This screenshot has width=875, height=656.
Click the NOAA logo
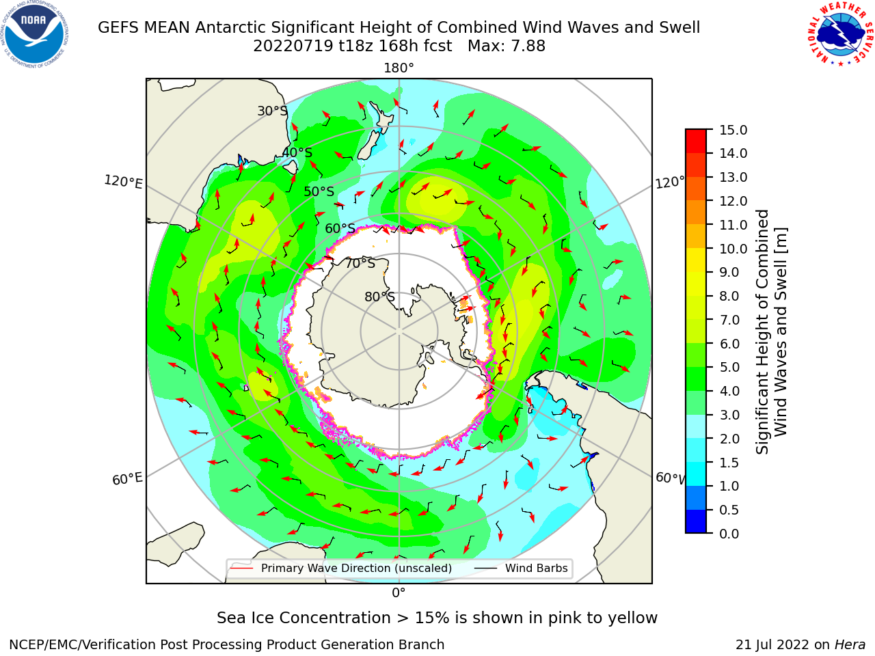(x=35, y=34)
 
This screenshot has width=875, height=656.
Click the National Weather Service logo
(x=840, y=33)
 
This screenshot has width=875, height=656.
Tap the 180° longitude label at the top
(x=399, y=68)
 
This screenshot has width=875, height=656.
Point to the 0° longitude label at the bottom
(x=399, y=593)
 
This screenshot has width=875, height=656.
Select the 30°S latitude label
(x=273, y=111)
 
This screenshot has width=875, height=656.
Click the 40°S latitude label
(x=297, y=152)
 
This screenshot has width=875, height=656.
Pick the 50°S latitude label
(x=319, y=191)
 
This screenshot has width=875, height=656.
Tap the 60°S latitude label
(x=340, y=228)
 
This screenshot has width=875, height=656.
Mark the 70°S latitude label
(x=360, y=263)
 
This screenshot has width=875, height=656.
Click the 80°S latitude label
(x=380, y=297)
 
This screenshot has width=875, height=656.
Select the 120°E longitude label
(x=123, y=182)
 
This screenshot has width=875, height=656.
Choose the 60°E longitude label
(x=127, y=479)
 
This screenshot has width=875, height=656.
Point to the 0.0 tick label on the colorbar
(x=729, y=534)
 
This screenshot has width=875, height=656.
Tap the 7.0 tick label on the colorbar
(x=729, y=320)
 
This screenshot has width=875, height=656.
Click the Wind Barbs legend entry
(x=521, y=569)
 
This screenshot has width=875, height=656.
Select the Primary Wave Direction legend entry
(x=341, y=569)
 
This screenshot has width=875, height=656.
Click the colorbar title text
(x=772, y=331)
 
